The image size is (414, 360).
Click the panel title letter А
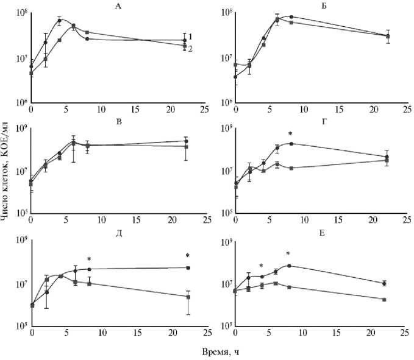click(x=117, y=5)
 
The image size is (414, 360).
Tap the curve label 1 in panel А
click(x=191, y=37)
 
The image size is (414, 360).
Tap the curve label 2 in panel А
click(x=191, y=49)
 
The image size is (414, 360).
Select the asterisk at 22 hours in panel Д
click(x=188, y=256)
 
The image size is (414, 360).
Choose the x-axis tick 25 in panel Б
click(x=404, y=108)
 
